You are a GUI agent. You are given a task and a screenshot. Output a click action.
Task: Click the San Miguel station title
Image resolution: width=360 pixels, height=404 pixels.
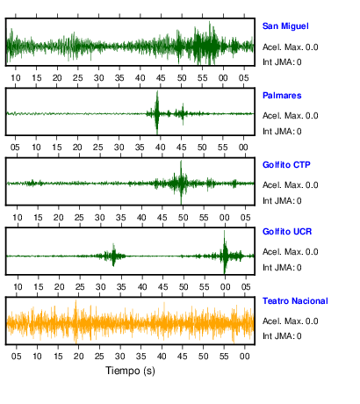(x=285, y=26)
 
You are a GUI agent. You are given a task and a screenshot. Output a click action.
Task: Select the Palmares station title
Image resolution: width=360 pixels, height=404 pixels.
(x=282, y=96)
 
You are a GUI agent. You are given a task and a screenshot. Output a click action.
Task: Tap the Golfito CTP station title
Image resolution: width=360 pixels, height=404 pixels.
(x=286, y=165)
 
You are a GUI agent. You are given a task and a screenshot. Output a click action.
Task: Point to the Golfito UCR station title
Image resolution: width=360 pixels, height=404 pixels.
(x=287, y=232)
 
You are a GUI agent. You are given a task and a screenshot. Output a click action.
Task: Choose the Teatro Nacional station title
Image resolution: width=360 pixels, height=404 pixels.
(x=295, y=301)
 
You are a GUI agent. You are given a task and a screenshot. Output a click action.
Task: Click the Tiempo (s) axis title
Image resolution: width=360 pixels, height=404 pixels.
(x=130, y=371)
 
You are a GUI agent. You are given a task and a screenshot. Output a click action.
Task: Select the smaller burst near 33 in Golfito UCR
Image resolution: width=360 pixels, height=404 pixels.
(x=113, y=255)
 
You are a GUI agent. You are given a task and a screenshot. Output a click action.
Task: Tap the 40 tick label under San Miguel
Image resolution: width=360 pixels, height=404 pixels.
(x=140, y=78)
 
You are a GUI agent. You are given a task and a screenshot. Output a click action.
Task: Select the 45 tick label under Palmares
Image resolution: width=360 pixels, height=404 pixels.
(x=182, y=148)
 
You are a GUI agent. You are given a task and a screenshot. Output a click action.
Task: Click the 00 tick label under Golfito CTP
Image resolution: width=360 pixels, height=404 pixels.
(x=225, y=218)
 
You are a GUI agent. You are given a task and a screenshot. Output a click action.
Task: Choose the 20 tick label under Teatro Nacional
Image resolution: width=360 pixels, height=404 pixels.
(x=78, y=357)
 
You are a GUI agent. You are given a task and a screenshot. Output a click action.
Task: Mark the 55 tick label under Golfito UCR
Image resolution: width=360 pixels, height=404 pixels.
(x=205, y=287)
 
